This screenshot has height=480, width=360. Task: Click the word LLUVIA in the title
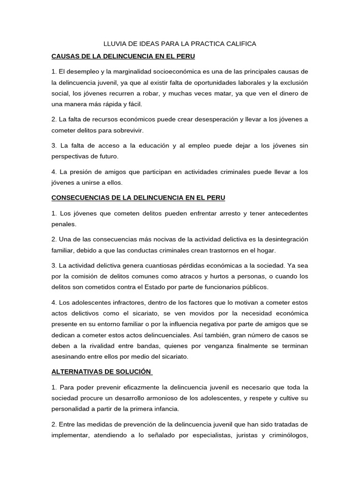(x=114, y=44)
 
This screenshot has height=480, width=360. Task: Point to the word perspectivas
(x=70, y=157)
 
